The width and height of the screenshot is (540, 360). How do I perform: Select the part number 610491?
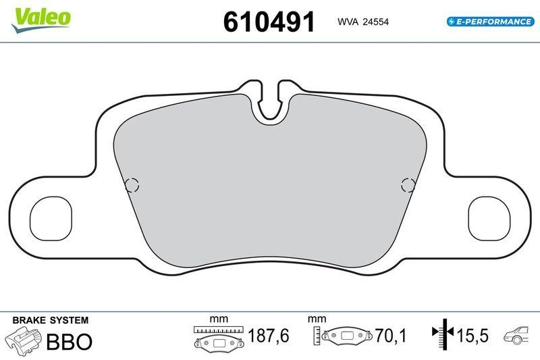pos(269,22)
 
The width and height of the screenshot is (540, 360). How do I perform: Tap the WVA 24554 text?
pos(363,22)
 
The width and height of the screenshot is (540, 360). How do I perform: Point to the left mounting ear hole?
pos(51,219)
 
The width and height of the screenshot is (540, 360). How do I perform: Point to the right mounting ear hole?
pos(489,219)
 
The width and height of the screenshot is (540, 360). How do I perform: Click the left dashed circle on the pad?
pos(132,184)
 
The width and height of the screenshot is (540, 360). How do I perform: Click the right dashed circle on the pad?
pos(408,184)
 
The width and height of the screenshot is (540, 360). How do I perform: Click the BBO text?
pos(69,340)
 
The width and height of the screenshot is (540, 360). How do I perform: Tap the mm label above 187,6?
pos(218,318)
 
